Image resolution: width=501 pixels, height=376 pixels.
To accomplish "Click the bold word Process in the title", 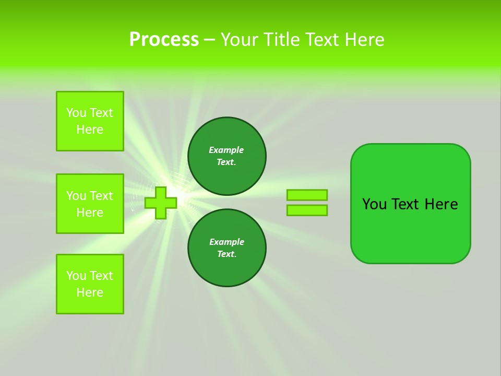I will coord(164,40).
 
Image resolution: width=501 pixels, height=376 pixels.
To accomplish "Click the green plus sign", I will coord(161,203).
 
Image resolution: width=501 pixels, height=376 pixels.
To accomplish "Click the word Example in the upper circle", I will coord(226,150).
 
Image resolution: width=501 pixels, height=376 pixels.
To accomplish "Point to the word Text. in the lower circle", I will coord(226,254).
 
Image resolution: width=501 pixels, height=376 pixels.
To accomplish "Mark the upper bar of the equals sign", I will coord(307,195).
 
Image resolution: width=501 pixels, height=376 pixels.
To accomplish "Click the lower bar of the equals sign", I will coord(307,210).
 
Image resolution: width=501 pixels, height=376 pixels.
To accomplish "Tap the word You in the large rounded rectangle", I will coord(374,204).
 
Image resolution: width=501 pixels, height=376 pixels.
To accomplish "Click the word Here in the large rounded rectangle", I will coord(441,204).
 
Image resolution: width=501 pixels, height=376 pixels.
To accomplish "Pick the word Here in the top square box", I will coord(90,130).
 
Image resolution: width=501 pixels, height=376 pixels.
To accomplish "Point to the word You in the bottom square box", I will coord(76,276).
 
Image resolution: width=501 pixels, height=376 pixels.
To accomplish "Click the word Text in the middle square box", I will coord(101,196).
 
